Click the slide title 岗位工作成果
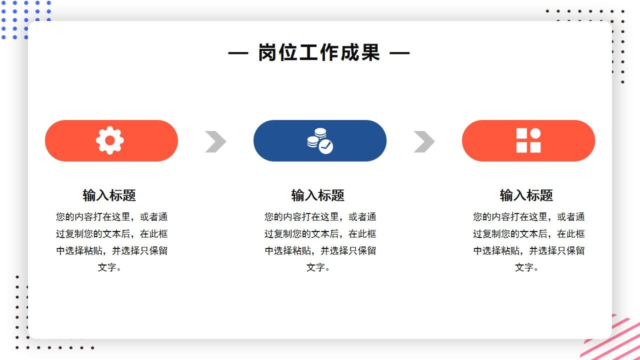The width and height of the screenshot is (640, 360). click(x=319, y=52)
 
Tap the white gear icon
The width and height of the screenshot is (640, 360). click(x=110, y=140)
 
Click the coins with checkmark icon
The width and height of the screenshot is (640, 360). click(x=320, y=140)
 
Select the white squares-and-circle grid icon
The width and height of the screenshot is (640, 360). click(x=528, y=140)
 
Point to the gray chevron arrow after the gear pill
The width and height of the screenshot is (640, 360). click(x=215, y=141)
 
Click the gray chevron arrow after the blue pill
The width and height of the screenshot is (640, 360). click(x=424, y=141)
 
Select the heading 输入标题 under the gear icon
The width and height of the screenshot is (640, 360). click(x=109, y=195)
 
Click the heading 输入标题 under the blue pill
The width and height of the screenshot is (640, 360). click(x=318, y=195)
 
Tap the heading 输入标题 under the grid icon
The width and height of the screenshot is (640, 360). click(x=526, y=195)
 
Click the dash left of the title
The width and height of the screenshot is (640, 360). click(x=238, y=52)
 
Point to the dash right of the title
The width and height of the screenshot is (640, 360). click(x=399, y=52)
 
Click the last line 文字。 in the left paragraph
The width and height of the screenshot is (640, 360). click(x=110, y=267)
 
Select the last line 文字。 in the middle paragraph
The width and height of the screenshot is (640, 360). click(x=318, y=267)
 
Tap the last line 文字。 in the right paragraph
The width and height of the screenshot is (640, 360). click(x=527, y=267)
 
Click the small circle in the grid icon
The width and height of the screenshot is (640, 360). click(x=535, y=133)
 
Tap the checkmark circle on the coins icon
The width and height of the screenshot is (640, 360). click(x=326, y=146)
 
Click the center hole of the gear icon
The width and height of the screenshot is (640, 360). click(x=110, y=140)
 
